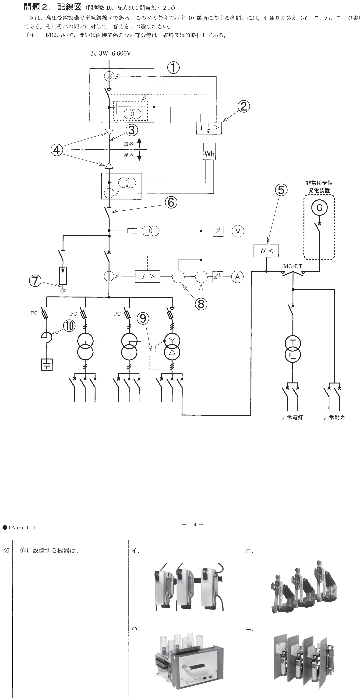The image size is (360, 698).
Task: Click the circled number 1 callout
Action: pos(173,67)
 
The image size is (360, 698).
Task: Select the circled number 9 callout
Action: pos(143,318)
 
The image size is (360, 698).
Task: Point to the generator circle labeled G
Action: pos(319,208)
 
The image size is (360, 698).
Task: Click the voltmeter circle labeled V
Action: pos(238,231)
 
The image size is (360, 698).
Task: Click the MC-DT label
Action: pos(293,266)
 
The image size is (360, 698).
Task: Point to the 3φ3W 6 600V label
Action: pos(110,53)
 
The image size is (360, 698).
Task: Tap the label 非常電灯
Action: pos(292,417)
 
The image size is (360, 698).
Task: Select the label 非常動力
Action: pos(335,417)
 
